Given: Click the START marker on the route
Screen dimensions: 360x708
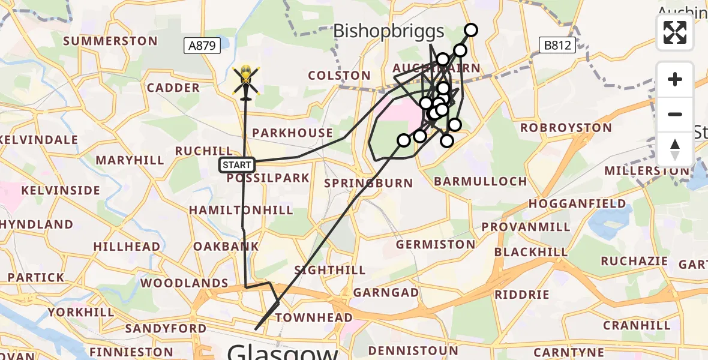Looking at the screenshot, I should click(237, 165).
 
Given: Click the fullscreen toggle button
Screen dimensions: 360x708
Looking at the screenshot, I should click(675, 32).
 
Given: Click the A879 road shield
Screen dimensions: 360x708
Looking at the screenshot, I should click(202, 45).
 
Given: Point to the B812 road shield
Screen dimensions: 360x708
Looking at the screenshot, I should click(557, 45).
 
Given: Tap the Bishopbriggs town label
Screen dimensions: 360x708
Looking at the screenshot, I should click(388, 31).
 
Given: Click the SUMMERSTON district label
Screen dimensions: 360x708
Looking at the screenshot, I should click(110, 41).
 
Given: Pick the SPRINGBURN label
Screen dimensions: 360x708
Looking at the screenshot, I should click(368, 182).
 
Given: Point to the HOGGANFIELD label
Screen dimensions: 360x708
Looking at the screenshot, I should click(577, 203).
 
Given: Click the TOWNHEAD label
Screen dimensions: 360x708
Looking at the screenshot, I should click(317, 317).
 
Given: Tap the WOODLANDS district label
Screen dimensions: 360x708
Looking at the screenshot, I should click(184, 283).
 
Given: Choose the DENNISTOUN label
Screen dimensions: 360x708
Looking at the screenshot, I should click(413, 350).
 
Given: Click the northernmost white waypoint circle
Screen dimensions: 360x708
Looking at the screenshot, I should click(471, 30).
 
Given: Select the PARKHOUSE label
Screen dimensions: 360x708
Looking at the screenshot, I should click(293, 133).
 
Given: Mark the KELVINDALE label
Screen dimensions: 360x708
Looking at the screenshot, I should click(40, 140).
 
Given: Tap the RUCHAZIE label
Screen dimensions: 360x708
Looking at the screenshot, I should click(634, 261).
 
